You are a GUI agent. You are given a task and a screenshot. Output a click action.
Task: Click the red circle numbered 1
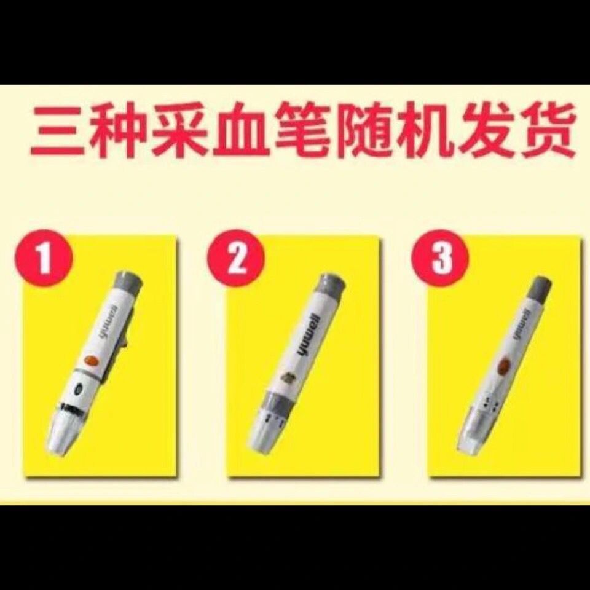(45, 259)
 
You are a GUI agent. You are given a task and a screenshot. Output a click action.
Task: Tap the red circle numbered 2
(236, 259)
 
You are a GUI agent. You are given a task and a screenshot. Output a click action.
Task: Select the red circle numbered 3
(441, 259)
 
